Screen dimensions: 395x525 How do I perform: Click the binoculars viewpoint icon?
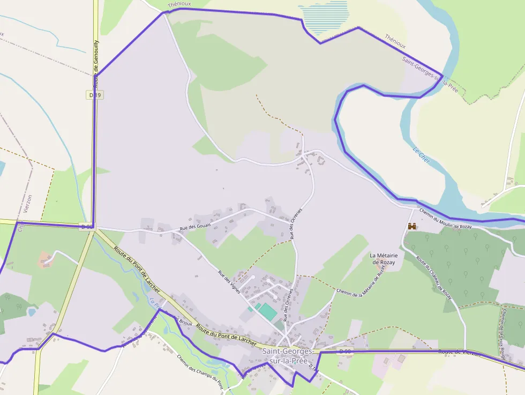pyautogui.click(x=412, y=227)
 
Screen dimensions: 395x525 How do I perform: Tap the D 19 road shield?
pyautogui.click(x=94, y=95)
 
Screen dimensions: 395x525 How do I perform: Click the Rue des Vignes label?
pyautogui.click(x=228, y=281)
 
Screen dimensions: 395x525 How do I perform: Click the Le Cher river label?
pyautogui.click(x=422, y=155)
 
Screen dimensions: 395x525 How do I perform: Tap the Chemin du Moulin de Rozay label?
pyautogui.click(x=445, y=219)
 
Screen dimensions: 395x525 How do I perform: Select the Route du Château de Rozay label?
pyautogui.click(x=434, y=278)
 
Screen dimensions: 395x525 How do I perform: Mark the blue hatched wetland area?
pyautogui.click(x=325, y=16)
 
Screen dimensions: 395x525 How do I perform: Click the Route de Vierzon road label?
pyautogui.click(x=459, y=352)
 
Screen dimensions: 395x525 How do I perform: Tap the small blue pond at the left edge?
pyautogui.click(x=32, y=311)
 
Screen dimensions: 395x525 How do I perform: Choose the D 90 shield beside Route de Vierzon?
pyautogui.click(x=346, y=351)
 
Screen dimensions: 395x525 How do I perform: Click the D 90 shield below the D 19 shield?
pyautogui.click(x=87, y=227)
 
